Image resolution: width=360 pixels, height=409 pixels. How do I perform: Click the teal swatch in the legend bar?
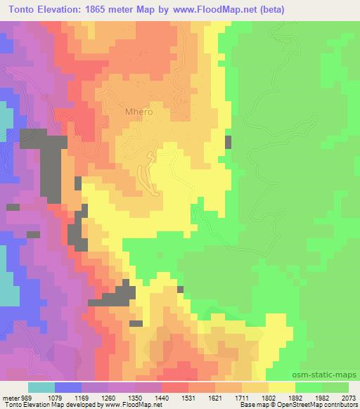point(41,387)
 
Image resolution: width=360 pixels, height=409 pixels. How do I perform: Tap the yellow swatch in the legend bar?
point(281,387)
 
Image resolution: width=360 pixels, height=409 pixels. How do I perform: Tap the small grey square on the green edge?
point(228,142)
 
